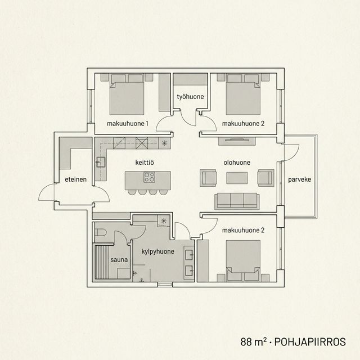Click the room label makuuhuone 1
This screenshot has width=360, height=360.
coord(127,123)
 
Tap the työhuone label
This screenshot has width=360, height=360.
coord(190,97)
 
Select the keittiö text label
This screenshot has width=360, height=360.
coord(145,163)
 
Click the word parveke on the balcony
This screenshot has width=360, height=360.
coord(299,180)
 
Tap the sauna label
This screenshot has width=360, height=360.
coord(119,259)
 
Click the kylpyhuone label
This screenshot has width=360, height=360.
coord(157,251)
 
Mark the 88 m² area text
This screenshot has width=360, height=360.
coord(253,341)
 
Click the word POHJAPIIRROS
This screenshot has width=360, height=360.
coord(307,341)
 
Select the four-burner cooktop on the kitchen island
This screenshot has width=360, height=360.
coord(150,178)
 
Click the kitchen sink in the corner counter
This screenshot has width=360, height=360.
coord(101,163)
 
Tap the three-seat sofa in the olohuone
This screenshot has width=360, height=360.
coord(237,200)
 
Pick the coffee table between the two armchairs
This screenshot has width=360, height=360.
coord(237,178)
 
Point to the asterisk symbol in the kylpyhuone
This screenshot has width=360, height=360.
coord(163,220)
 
